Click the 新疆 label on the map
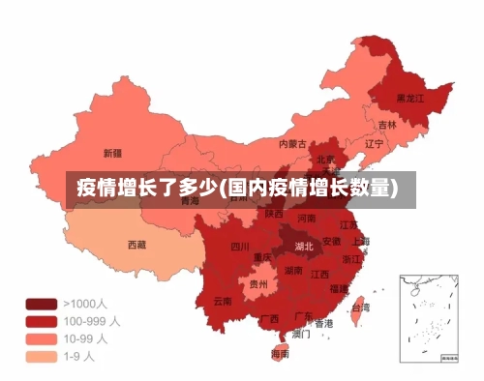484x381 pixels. [112, 153]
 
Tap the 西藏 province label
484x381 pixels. [137, 245]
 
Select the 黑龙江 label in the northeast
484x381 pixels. [411, 99]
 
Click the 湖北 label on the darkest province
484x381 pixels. [304, 247]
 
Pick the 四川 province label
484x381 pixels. [240, 247]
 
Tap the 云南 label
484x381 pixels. [223, 301]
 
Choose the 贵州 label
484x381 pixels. [258, 284]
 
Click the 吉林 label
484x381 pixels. [387, 125]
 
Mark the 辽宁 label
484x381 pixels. [375, 144]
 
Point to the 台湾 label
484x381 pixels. [359, 308]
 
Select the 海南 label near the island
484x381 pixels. [280, 355]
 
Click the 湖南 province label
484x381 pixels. [293, 272]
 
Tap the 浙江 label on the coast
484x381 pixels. [352, 260]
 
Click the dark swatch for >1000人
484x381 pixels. [41, 303]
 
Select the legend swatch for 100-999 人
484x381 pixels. [41, 320]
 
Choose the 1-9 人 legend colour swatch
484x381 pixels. [41, 356]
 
